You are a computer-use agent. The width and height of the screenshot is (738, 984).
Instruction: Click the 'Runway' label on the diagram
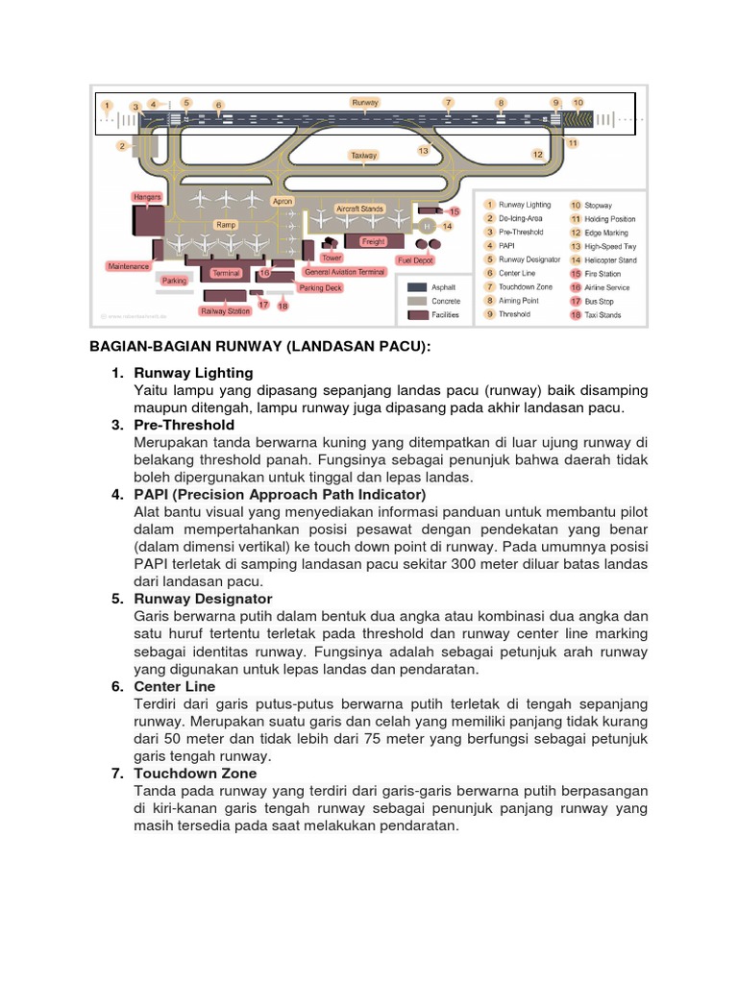tap(365, 102)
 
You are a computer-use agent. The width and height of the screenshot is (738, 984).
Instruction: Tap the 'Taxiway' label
tap(363, 155)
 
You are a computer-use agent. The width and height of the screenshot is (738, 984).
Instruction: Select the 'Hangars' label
tap(147, 197)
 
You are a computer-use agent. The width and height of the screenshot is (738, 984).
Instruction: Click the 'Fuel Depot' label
tap(415, 260)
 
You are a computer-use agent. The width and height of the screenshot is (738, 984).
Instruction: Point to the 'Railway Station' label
tap(225, 310)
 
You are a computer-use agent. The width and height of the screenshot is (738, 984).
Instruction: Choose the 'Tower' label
tap(332, 258)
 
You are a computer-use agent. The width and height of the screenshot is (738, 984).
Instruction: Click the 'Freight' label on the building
tap(373, 242)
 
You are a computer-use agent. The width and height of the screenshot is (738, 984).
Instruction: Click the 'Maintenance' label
tap(128, 266)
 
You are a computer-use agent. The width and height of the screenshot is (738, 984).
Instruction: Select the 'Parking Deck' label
tap(320, 287)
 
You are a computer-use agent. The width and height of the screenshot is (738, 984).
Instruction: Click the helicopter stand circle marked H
tap(428, 226)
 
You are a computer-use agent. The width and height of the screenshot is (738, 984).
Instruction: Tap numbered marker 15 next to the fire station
tap(455, 210)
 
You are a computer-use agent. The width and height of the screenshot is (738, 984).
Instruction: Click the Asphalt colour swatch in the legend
tap(417, 287)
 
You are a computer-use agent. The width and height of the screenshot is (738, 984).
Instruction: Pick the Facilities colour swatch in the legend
tap(417, 314)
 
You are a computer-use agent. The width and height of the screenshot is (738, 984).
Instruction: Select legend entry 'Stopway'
tap(598, 205)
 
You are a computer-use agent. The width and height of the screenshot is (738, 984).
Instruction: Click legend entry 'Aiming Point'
tap(516, 301)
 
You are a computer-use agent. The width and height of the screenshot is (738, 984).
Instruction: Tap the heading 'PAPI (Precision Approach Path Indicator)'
tap(279, 494)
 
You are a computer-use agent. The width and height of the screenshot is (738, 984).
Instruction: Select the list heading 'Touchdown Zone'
tap(195, 773)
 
